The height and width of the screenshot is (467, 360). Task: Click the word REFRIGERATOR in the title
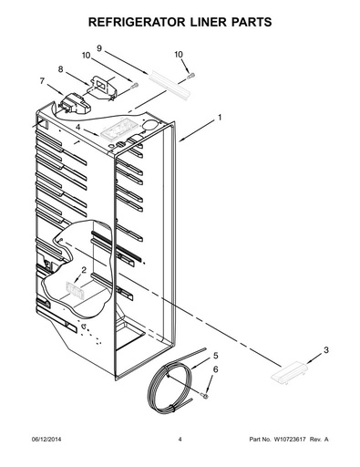point(137,22)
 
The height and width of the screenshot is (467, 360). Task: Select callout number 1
point(220,118)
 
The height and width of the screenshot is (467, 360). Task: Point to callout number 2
point(84,270)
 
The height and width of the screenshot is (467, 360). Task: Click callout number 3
point(325,350)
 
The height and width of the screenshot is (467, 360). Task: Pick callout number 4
point(78,127)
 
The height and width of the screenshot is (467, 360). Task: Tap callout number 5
point(216,356)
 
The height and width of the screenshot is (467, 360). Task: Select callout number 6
point(215,369)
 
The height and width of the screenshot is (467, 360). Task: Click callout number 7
point(42,81)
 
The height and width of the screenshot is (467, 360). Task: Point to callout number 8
point(61,69)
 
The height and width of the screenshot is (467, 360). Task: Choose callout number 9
point(99,48)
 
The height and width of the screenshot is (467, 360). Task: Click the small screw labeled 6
point(204,395)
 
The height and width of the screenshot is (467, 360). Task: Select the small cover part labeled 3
point(289,371)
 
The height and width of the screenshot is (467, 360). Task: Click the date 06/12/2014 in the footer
point(46,439)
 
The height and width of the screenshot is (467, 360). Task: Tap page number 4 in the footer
point(180,439)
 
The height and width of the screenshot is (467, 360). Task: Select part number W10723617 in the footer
point(290,439)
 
